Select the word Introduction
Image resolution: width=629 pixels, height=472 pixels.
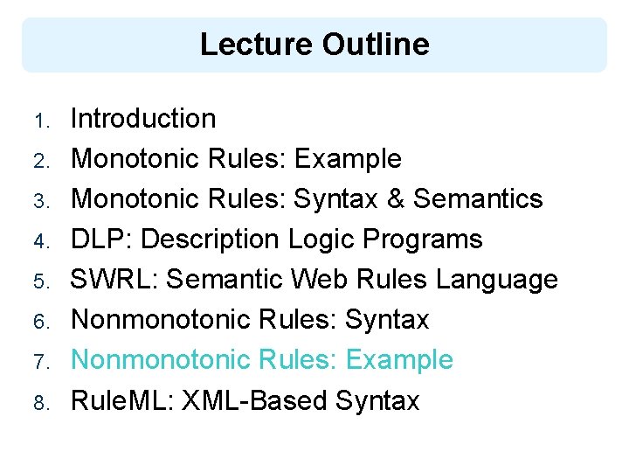(143, 118)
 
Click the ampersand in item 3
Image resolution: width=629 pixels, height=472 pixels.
(397, 198)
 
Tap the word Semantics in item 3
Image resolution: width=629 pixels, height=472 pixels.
(478, 198)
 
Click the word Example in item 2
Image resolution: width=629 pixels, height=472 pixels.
(348, 158)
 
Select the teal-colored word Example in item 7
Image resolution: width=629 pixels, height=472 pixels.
(399, 359)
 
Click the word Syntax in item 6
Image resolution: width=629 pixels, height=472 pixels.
(387, 320)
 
